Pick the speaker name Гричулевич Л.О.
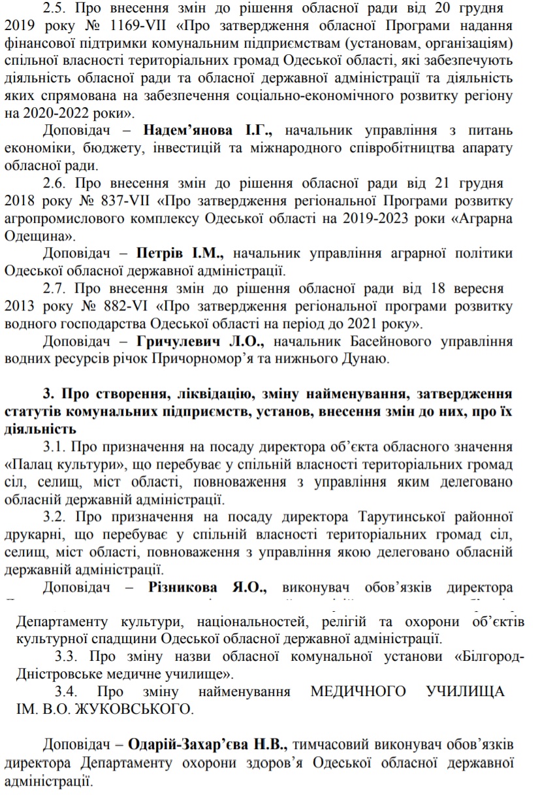click(201, 341)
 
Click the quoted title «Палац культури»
click(66, 465)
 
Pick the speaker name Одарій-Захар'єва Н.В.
click(208, 744)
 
